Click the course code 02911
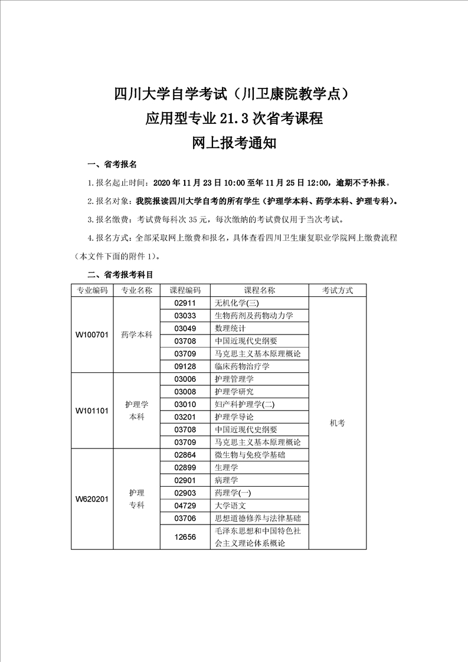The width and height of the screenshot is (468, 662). [185, 303]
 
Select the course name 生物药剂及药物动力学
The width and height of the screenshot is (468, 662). [254, 316]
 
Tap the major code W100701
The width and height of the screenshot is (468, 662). [92, 335]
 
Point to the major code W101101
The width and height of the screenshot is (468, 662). [92, 411]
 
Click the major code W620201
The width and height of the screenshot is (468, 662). [92, 499]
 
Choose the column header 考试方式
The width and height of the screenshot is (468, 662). [338, 290]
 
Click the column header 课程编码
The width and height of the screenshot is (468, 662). [185, 290]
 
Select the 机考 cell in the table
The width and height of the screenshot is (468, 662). [338, 423]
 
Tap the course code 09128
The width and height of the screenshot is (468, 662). [185, 366]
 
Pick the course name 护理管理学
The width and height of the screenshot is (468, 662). [234, 379]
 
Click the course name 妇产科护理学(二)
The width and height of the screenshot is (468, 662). [245, 404]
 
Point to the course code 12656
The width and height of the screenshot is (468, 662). [185, 537]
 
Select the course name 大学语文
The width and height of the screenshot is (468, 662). [230, 506]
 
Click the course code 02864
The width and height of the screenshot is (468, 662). [185, 455]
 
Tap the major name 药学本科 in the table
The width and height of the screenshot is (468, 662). [136, 335]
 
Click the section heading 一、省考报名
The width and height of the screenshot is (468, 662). [112, 165]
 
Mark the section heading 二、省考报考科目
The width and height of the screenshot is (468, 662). [120, 274]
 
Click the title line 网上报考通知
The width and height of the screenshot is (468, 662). [234, 143]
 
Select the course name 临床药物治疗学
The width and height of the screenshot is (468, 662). [242, 366]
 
